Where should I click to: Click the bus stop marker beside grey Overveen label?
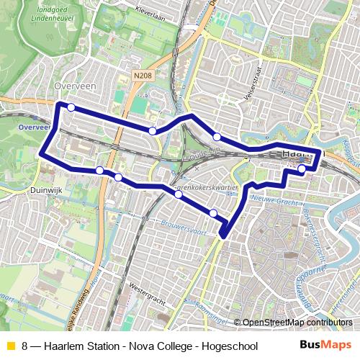(71, 107)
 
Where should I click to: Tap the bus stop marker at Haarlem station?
(302, 169)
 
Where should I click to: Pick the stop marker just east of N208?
(153, 130)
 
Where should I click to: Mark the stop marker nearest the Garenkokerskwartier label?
(178, 194)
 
